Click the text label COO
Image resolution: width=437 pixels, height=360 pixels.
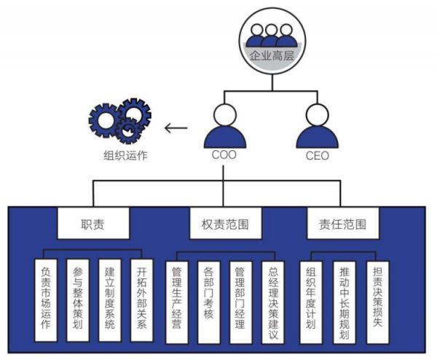click(224, 155)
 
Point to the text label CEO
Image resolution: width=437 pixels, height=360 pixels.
click(317, 155)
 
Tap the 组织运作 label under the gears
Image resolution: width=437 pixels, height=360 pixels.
click(125, 154)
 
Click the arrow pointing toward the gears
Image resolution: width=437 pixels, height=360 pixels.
click(176, 129)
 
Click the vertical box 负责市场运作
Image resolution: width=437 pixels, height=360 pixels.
click(47, 300)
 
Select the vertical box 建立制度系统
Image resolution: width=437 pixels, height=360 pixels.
click(110, 300)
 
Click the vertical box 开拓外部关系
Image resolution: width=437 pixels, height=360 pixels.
click(141, 300)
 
